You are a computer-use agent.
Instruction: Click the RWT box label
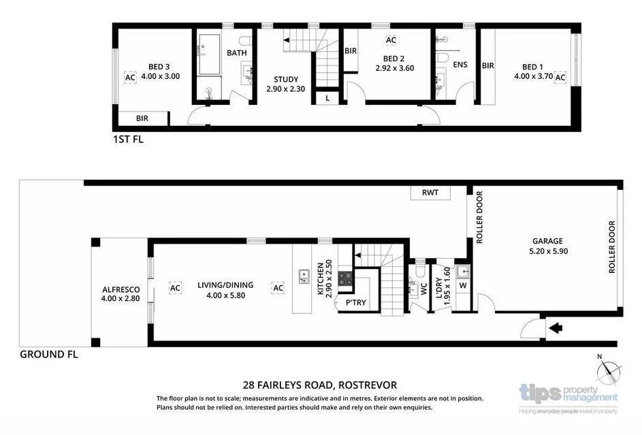tap(430, 193)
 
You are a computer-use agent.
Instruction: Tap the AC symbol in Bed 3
tap(130, 78)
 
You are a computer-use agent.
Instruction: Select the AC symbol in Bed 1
tap(560, 78)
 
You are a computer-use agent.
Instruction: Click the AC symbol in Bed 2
tap(391, 40)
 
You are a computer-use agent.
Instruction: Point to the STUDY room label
tap(282, 79)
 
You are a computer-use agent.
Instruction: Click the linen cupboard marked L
tap(327, 98)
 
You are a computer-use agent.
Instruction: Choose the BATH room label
tap(237, 52)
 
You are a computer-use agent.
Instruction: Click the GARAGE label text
tap(547, 241)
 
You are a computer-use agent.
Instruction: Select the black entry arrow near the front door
tap(555, 329)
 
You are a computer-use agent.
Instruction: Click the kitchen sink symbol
tap(304, 276)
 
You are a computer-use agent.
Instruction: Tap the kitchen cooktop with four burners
tap(346, 278)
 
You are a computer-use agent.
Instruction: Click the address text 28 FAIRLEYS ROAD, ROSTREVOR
tap(320, 385)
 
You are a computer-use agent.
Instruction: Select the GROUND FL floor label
tap(49, 354)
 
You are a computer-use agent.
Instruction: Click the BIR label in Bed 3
tap(142, 118)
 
